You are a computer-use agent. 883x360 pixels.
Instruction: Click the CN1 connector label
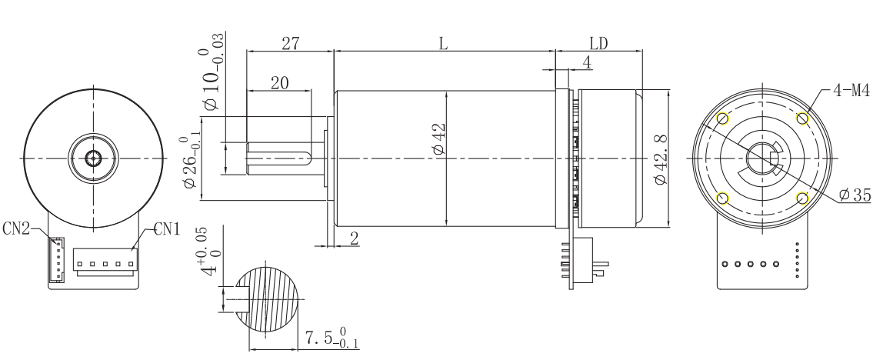167,228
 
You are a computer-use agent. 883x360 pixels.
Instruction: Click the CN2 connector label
15,228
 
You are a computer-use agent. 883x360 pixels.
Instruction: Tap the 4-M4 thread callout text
851,90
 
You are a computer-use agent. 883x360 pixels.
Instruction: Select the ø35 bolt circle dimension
855,195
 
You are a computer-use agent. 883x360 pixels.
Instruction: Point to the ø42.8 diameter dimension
661,159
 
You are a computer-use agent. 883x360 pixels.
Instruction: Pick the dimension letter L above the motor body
443,44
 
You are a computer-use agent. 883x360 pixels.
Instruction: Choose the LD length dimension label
598,44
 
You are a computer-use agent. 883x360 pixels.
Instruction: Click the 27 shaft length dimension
290,43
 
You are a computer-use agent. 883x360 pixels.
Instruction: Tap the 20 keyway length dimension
279,83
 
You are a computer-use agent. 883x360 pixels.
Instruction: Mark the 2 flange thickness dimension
355,238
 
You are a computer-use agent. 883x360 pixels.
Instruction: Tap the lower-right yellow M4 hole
802,198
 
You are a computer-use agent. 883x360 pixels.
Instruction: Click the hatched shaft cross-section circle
268,298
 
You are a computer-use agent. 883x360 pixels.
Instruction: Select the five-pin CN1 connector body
106,263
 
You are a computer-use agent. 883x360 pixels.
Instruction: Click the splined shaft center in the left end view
93,159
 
